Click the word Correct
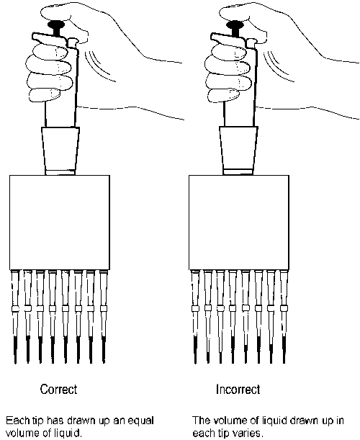click(x=58, y=389)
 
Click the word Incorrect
click(x=238, y=389)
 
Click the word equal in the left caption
click(x=141, y=421)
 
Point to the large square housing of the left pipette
click(x=60, y=223)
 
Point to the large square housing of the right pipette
click(x=239, y=223)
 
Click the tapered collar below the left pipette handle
click(x=60, y=151)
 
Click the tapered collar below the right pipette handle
click(x=238, y=151)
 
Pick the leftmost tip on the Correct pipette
click(x=15, y=317)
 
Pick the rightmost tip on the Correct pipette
click(x=104, y=317)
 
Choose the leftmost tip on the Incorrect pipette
click(x=194, y=317)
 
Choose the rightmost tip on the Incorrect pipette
click(x=284, y=317)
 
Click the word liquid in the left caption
click(x=68, y=433)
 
